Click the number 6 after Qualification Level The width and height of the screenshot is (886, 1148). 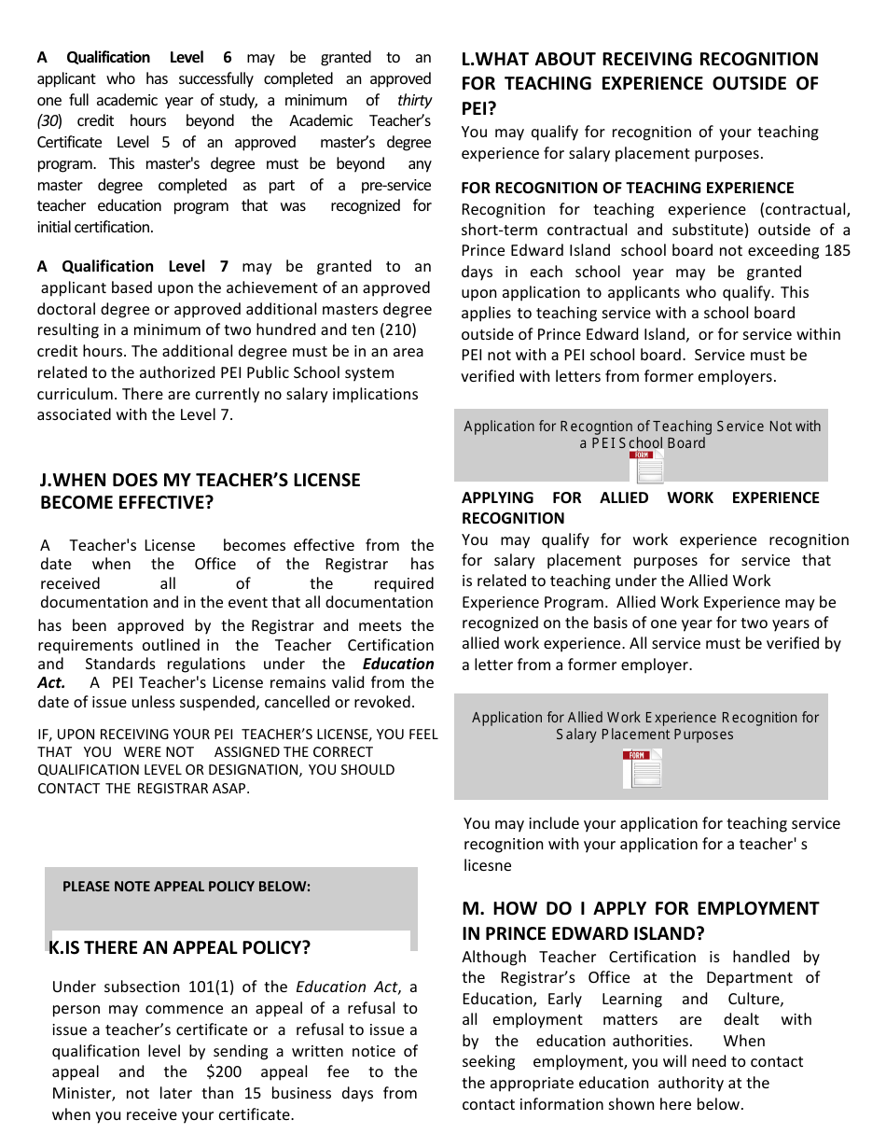coord(228,58)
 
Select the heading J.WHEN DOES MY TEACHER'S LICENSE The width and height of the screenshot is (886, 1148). coord(200,480)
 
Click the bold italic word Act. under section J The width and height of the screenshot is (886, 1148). coord(51,683)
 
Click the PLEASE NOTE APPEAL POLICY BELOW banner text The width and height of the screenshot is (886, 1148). coord(187,887)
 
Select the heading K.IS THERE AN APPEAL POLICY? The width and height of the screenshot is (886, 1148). coord(180,947)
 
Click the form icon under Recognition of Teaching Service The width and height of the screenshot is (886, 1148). coord(645,468)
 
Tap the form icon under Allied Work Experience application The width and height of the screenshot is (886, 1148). coord(642,769)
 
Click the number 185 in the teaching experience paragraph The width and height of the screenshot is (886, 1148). coord(837,251)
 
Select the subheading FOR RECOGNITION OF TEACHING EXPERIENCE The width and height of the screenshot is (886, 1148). coord(628,189)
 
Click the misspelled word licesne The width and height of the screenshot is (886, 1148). coord(488,865)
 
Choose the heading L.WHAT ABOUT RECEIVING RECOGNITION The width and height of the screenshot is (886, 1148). coord(640,60)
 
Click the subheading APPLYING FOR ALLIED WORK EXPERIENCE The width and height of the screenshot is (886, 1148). coord(640,498)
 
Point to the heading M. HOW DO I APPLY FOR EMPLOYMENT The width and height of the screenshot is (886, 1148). coord(640,909)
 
